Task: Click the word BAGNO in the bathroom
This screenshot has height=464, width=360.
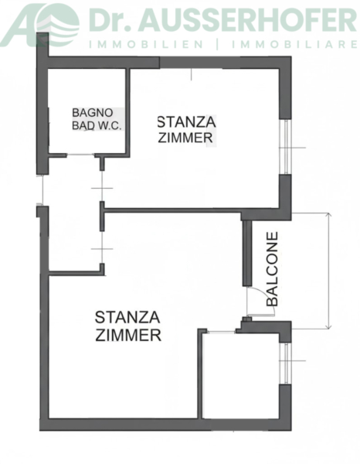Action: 88,113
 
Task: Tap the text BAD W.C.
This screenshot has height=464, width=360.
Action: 97,126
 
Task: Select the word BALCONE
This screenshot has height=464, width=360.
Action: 272,269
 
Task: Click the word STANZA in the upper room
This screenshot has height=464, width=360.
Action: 186,122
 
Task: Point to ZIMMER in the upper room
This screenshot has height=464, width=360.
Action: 185,138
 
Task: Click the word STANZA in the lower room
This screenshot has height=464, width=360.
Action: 127,318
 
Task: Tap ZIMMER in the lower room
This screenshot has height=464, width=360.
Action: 128,336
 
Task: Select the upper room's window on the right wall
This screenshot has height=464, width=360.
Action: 286,147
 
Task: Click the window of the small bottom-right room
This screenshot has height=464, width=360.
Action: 286,363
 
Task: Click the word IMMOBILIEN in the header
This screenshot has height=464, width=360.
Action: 146,45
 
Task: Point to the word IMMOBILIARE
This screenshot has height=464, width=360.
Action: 294,45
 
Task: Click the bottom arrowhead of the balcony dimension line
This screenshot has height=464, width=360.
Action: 328,326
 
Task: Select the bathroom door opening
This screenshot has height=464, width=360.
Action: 80,155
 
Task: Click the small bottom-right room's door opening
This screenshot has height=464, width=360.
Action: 221,332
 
